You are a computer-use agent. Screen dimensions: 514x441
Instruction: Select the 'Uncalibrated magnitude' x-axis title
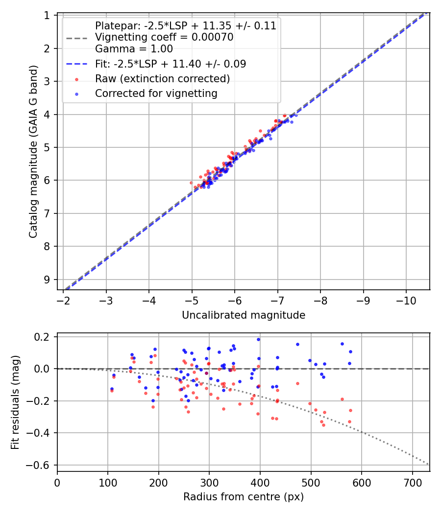pos(244,315)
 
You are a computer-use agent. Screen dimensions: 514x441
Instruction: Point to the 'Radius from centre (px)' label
pos(244,497)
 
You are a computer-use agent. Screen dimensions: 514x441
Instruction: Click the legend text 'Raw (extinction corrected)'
pos(162,79)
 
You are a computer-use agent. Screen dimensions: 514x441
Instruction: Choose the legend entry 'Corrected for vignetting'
pos(156,93)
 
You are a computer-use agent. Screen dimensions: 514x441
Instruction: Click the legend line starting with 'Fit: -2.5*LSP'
pos(171,64)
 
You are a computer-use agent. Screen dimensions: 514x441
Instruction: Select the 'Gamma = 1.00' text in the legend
pos(134,48)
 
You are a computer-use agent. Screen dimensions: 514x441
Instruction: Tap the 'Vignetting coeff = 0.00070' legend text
pos(164,37)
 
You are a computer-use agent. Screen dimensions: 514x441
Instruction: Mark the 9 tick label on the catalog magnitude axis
pos(47,280)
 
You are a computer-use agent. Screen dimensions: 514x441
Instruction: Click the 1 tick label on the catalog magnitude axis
pos(47,16)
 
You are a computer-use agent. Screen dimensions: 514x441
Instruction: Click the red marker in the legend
pos(76,79)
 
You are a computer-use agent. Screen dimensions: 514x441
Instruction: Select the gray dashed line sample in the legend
pos(76,37)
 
